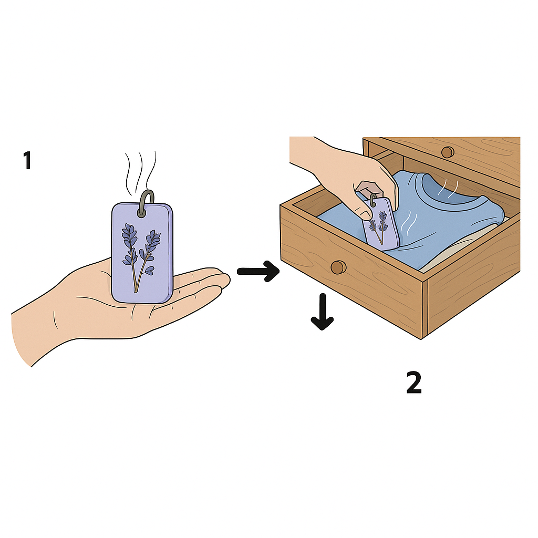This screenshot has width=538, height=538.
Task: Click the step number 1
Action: (27, 161)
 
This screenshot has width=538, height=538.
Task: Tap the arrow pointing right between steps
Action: (258, 271)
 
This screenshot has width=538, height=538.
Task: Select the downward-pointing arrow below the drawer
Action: (322, 312)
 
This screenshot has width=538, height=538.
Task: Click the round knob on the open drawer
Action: (338, 267)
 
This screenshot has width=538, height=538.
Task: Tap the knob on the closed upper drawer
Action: (448, 152)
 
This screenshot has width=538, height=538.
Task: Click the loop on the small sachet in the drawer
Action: (373, 200)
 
